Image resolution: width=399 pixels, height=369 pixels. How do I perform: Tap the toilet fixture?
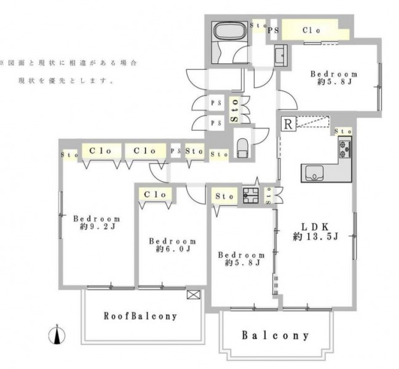point(242,149)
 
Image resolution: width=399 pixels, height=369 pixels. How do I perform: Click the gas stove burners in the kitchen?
point(345,149)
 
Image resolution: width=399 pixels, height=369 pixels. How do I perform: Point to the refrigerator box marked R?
point(288,124)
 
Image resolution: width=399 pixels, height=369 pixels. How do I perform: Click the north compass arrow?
point(57,335)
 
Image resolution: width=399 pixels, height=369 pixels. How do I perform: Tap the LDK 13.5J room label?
point(315,232)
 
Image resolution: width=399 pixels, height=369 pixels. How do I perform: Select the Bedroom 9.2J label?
point(97,223)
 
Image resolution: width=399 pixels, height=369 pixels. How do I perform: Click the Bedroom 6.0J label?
point(173,245)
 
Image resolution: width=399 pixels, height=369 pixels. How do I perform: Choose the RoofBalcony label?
point(140,316)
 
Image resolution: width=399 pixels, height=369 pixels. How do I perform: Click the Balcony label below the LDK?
point(275,335)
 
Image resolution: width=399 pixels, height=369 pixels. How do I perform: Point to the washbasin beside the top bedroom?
point(281,55)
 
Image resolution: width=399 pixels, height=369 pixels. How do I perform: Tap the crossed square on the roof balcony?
point(194,295)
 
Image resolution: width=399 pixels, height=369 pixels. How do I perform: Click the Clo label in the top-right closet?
point(311,30)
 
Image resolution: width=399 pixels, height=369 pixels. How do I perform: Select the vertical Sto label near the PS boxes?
point(235,111)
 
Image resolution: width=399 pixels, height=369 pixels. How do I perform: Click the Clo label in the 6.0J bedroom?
point(155,195)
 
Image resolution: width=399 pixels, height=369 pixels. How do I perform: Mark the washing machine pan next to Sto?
point(250,196)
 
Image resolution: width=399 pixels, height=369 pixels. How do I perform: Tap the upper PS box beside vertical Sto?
point(216,103)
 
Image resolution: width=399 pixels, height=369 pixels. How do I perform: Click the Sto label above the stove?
point(343,132)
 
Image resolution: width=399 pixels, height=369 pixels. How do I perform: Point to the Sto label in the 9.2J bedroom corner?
point(69,154)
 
